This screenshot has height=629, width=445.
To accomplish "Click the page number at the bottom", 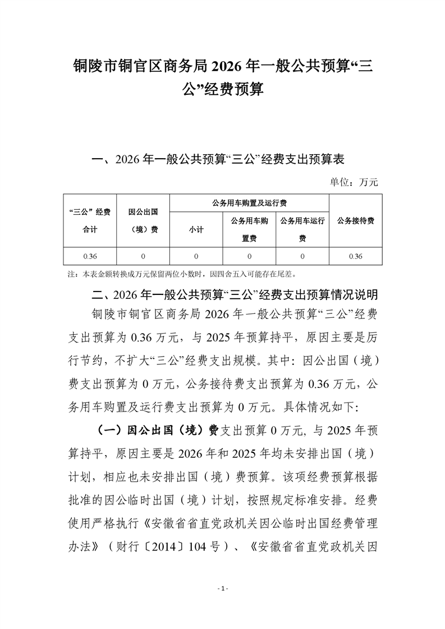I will (x=223, y=589).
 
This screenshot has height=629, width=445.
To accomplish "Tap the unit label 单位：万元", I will (x=356, y=182).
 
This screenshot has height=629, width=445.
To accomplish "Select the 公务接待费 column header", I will (x=356, y=220).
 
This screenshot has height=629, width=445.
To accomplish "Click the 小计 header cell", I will (x=196, y=229).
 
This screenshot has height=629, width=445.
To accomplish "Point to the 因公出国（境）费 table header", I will (x=143, y=220).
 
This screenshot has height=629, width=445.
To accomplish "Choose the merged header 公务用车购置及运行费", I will (x=250, y=202).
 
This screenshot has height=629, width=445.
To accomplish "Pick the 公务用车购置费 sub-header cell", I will (x=249, y=229).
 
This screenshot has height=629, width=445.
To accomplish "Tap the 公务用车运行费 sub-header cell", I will (x=302, y=229).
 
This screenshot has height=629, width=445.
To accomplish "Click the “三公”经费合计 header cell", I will (x=90, y=220).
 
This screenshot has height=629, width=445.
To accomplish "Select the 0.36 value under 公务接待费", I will (x=356, y=256).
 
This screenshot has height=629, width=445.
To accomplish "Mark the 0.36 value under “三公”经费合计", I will (x=90, y=256).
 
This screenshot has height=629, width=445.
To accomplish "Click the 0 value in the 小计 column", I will (x=196, y=256).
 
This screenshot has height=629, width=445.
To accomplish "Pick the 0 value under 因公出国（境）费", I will (x=143, y=256).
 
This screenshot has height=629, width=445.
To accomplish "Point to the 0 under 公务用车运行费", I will (x=302, y=256).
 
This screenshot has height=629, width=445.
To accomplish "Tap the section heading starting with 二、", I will (x=230, y=294).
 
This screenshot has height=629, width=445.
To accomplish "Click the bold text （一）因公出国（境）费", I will (x=154, y=430).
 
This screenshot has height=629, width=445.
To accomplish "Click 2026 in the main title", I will (x=228, y=66).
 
